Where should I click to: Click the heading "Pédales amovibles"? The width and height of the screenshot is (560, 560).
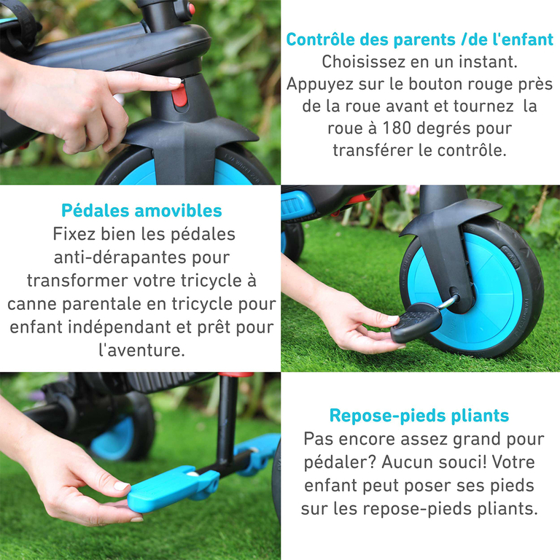click(141, 211)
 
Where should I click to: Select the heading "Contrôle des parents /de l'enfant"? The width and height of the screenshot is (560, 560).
click(419, 39)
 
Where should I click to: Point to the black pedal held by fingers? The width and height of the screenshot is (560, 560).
click(416, 321)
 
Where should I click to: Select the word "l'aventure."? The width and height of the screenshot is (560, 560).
click(141, 349)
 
